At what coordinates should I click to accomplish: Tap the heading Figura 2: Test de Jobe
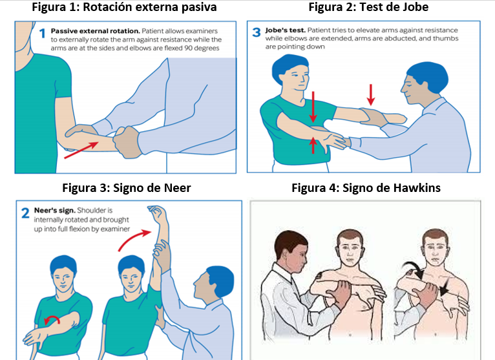point(368,8)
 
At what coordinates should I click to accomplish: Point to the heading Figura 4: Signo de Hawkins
point(366,188)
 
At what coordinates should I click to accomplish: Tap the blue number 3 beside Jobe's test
point(256,32)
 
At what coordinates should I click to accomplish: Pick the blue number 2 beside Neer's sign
point(25,211)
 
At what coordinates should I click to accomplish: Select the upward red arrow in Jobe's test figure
point(313,145)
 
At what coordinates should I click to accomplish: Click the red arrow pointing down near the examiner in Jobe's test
point(371,94)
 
